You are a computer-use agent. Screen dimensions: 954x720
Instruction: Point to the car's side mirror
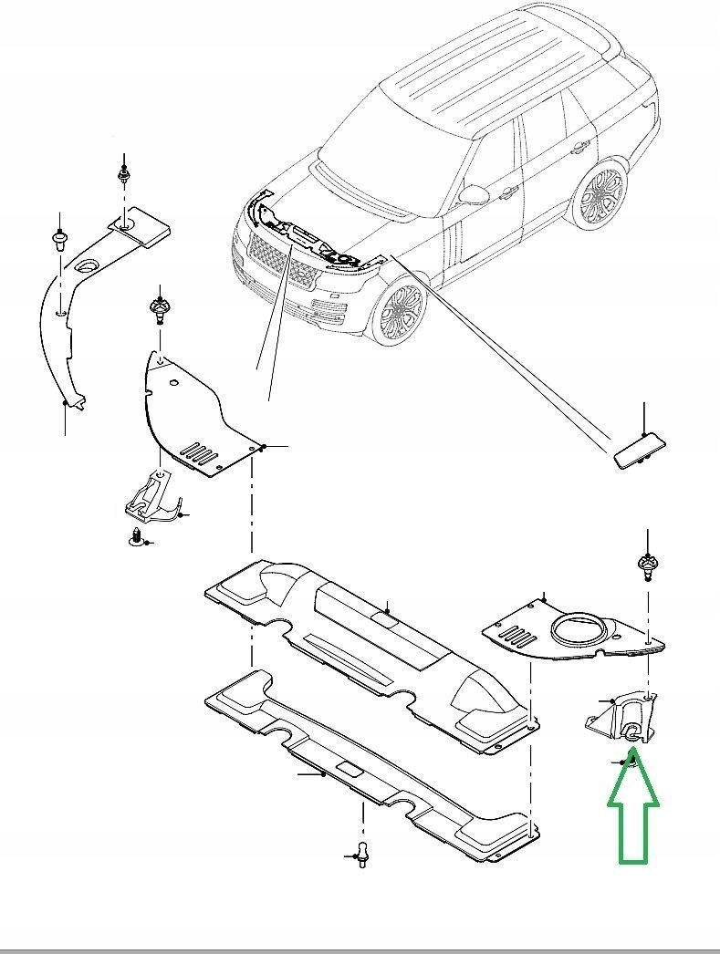click(475, 194)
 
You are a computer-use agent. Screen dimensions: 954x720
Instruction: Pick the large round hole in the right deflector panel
click(577, 632)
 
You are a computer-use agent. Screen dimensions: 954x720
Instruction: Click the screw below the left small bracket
click(138, 537)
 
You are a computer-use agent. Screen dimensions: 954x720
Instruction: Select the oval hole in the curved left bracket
click(89, 266)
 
